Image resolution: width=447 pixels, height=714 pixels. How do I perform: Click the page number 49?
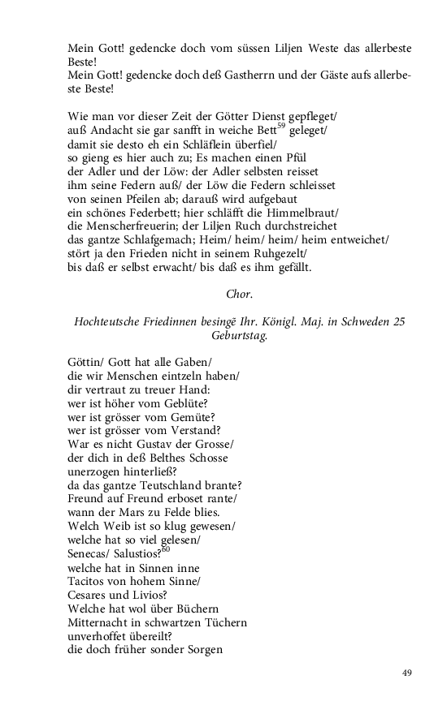click(x=407, y=673)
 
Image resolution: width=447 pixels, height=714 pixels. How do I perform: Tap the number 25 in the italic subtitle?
click(x=398, y=322)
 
